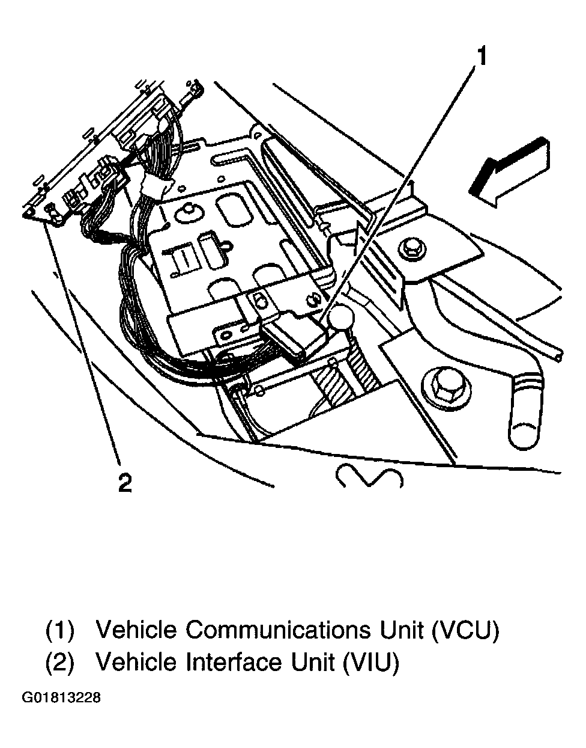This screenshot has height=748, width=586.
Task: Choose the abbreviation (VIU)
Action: tap(370, 663)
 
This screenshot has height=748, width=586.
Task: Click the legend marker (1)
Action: tap(59, 630)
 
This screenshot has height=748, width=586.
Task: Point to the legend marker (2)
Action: tap(59, 663)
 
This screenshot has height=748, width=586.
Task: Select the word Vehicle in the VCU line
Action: tap(136, 630)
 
